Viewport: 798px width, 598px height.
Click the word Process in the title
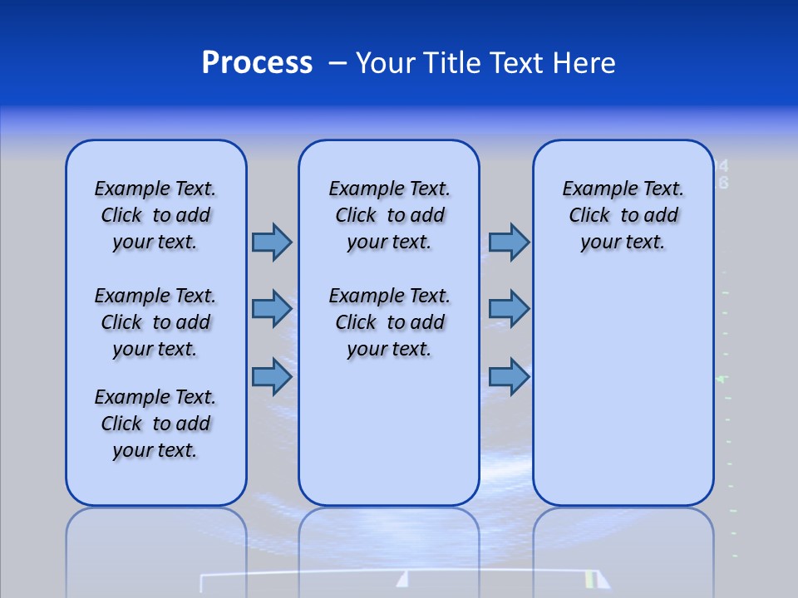pos(257,63)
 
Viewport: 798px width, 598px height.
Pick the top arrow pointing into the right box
pos(509,242)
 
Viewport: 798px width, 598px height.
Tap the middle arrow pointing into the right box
pos(509,309)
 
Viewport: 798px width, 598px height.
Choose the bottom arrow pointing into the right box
pos(509,376)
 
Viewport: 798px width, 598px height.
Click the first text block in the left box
pos(155,215)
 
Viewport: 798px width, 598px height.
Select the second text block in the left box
pos(155,322)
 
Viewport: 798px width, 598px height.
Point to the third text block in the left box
pos(155,424)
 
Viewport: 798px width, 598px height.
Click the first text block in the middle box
pos(389,215)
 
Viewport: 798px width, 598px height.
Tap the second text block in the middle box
pos(389,322)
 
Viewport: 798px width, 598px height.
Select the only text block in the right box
pos(623,215)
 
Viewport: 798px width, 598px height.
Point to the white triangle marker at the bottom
pos(402,579)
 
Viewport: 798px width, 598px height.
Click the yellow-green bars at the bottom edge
pos(590,579)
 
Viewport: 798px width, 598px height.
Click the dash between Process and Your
pos(337,63)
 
